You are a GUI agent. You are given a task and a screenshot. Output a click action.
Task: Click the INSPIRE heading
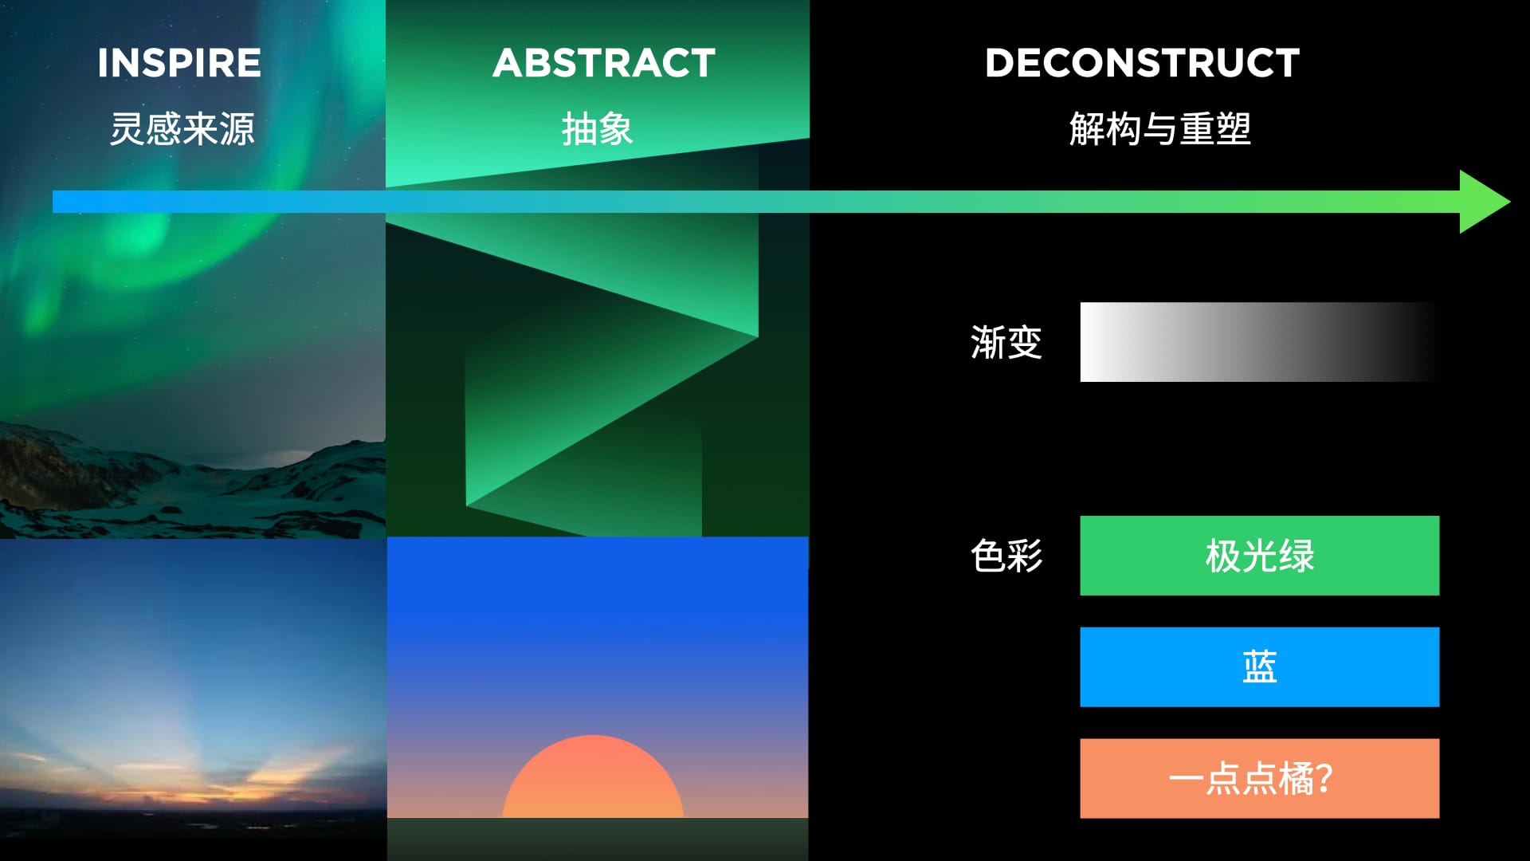point(179,63)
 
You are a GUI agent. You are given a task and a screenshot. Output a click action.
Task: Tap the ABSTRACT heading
point(604,63)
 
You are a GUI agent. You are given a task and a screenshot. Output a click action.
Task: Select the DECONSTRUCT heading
point(1142,63)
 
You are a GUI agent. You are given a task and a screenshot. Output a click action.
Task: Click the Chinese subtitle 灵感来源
point(182,128)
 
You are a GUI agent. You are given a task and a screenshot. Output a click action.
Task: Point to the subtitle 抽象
point(598,128)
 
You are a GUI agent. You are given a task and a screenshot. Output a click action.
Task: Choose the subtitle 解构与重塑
point(1160,128)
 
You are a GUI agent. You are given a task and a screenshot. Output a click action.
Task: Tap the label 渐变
point(1006,342)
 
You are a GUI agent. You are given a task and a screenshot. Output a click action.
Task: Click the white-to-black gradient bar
point(1260,342)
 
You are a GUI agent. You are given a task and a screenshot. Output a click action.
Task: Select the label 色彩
point(1006,556)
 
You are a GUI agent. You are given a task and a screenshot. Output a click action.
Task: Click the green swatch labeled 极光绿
point(1260,556)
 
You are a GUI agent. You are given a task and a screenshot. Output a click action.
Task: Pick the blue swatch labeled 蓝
point(1260,667)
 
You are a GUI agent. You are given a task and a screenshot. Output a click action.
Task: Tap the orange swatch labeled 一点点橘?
point(1260,779)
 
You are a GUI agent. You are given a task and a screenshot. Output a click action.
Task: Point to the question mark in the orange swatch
point(1324,779)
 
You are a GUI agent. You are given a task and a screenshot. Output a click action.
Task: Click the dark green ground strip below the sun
point(598,839)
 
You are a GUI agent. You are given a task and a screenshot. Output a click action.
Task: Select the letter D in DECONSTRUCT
point(1001,63)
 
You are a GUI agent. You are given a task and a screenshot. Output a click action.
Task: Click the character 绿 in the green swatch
point(1297,556)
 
